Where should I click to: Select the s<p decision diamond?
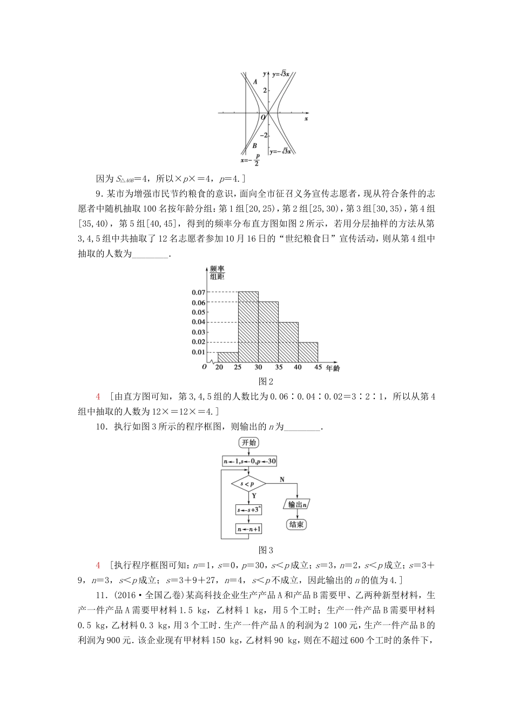click(248, 484)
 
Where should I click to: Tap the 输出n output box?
click(297, 504)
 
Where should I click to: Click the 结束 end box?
click(296, 524)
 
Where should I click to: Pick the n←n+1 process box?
click(248, 529)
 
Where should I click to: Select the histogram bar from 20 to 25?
click(228, 357)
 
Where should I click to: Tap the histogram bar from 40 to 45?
click(308, 352)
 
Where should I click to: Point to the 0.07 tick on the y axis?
click(198, 292)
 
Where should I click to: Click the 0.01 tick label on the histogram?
click(198, 352)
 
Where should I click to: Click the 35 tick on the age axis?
click(278, 367)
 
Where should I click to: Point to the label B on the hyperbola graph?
click(254, 146)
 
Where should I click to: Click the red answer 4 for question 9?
click(98, 396)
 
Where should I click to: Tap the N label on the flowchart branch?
click(282, 479)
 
